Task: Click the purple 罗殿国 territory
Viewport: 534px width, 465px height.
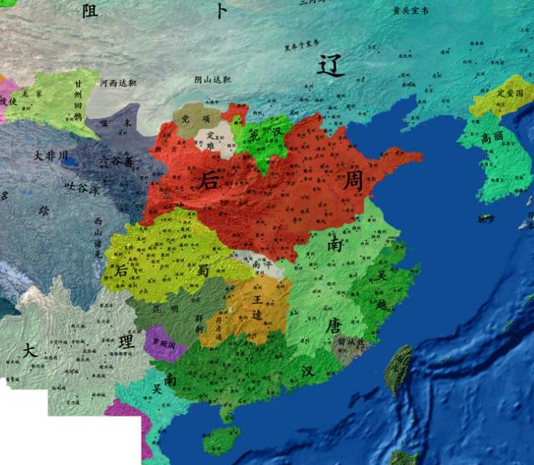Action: click(x=162, y=342)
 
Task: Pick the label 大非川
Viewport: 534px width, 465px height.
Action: click(x=50, y=156)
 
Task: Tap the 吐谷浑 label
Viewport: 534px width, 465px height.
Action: click(x=83, y=190)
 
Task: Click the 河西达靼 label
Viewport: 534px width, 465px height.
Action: click(x=118, y=84)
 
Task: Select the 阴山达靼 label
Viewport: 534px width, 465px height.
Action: click(x=212, y=80)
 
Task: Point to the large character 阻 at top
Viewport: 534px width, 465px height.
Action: click(x=90, y=11)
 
